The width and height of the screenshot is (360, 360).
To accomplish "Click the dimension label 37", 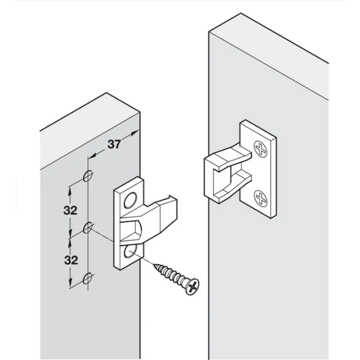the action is pyautogui.click(x=114, y=144).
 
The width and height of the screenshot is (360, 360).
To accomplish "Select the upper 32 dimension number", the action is pyautogui.click(x=70, y=210).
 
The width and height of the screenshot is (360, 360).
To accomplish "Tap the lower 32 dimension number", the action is pyautogui.click(x=71, y=260).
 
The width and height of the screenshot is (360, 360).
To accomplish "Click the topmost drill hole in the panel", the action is pyautogui.click(x=88, y=176).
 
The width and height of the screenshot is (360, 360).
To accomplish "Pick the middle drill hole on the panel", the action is pyautogui.click(x=88, y=228).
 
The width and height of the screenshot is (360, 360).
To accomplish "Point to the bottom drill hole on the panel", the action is pyautogui.click(x=88, y=278).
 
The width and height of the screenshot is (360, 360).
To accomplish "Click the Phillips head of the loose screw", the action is pyautogui.click(x=193, y=286).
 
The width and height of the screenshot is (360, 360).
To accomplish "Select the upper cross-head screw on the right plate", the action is pyautogui.click(x=261, y=149).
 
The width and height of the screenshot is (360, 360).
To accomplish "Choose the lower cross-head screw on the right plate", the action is pyautogui.click(x=260, y=198).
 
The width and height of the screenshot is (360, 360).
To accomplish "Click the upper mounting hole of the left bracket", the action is pyautogui.click(x=131, y=201).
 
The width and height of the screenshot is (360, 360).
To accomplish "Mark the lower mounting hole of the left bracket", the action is pyautogui.click(x=130, y=251).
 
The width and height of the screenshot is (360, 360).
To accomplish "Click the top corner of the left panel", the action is pyautogui.click(x=106, y=93).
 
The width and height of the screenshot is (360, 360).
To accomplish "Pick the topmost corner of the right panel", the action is pyautogui.click(x=241, y=13).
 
